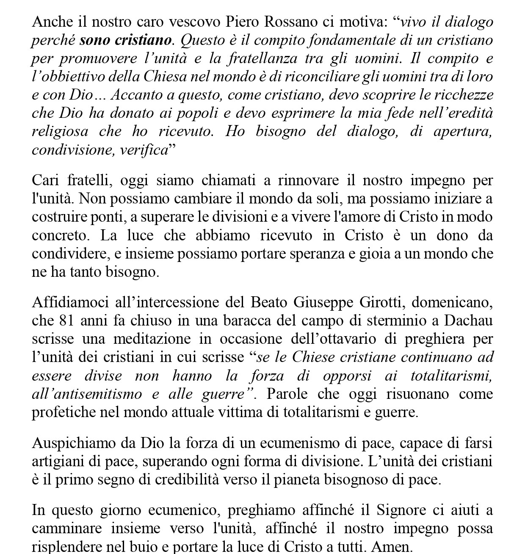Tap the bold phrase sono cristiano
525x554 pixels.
(x=125, y=40)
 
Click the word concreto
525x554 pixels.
(x=55, y=235)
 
